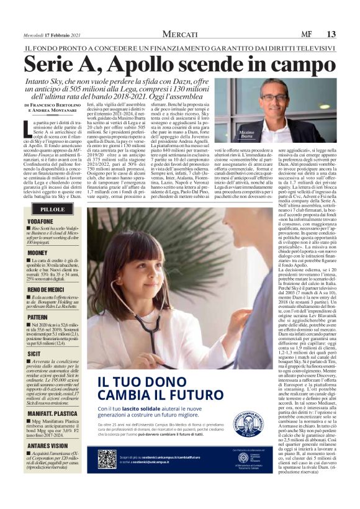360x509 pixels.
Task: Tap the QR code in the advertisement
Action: pyautogui.click(x=107, y=459)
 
